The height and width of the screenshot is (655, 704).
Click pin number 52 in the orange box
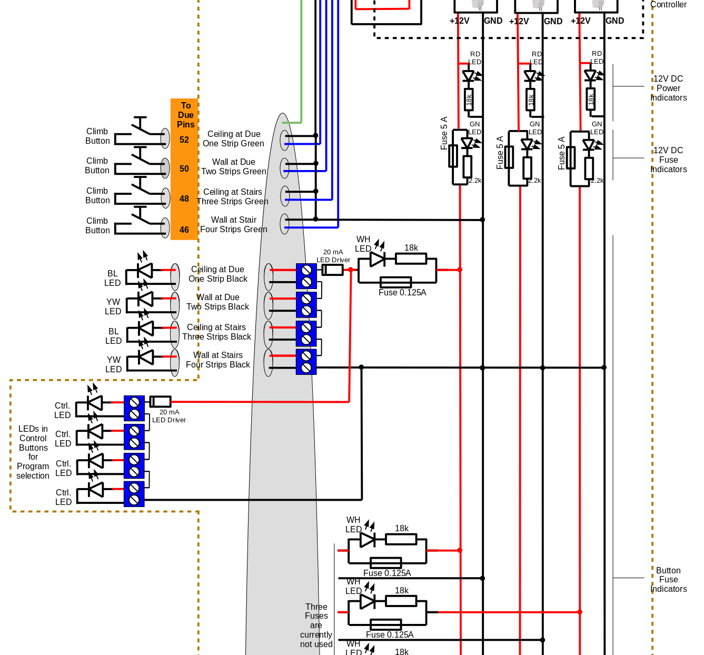tap(184, 140)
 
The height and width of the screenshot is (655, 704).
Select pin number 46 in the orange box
tap(184, 230)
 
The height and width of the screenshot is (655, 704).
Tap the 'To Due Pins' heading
tap(185, 115)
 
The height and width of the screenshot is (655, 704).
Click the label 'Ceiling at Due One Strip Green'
tap(233, 139)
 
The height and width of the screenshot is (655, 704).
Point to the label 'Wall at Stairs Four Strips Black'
tap(217, 360)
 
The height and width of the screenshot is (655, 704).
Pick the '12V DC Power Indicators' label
tap(668, 88)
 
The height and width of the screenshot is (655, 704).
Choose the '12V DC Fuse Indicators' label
tap(668, 160)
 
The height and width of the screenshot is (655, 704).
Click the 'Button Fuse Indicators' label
tap(668, 580)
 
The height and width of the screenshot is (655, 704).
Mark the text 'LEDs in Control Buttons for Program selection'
tap(33, 452)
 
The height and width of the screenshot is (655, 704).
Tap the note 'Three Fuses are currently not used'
tap(316, 626)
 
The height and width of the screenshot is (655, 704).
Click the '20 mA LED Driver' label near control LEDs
tap(169, 416)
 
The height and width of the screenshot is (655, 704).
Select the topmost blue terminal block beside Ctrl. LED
tap(134, 408)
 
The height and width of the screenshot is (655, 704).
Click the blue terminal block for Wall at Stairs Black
tap(306, 362)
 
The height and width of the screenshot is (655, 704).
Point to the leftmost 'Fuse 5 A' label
tap(444, 133)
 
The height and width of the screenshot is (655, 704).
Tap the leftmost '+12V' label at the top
tap(459, 21)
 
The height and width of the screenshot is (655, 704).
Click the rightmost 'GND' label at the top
tap(614, 21)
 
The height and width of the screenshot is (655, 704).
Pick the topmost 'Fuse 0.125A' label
tap(402, 293)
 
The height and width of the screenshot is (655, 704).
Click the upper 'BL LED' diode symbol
tap(144, 270)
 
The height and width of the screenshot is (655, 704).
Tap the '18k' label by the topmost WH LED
tap(411, 248)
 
